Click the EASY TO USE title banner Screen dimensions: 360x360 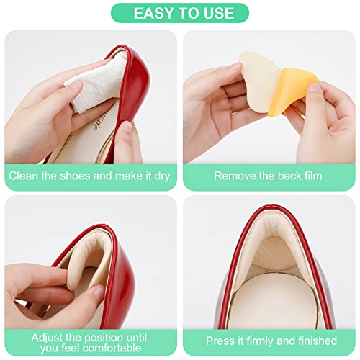[x=179, y=13]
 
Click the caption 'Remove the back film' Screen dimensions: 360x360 [x=267, y=176]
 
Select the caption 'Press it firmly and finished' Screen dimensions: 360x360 [x=270, y=341]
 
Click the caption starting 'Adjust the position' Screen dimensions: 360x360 [x=91, y=341]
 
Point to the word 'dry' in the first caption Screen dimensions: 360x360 [x=164, y=176]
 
